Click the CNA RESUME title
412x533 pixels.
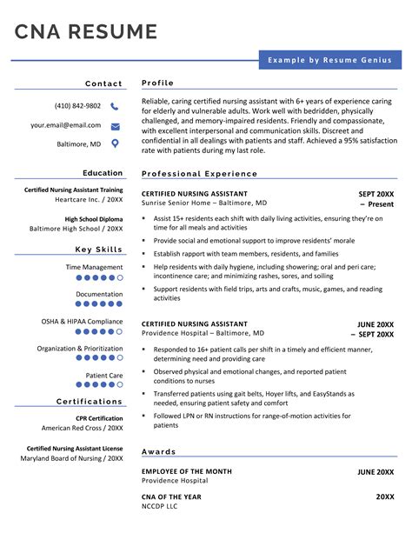pos(86,32)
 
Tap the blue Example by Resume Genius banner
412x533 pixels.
pos(329,60)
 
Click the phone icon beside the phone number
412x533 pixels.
pos(115,106)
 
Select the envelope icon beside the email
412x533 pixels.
pos(115,125)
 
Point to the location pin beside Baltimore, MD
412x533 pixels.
pos(115,143)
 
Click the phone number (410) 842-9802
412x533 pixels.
pos(77,106)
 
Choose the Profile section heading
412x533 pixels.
pos(158,83)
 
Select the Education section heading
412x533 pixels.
pos(103,173)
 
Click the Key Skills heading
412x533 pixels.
pos(99,250)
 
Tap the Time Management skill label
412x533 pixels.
pos(94,268)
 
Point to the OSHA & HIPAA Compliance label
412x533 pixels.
pos(82,322)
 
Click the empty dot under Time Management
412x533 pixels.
pos(120,277)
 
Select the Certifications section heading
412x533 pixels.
pos(90,402)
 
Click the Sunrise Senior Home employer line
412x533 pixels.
pos(204,203)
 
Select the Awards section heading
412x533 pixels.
pos(159,452)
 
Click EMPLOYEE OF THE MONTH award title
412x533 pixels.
pos(187,471)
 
